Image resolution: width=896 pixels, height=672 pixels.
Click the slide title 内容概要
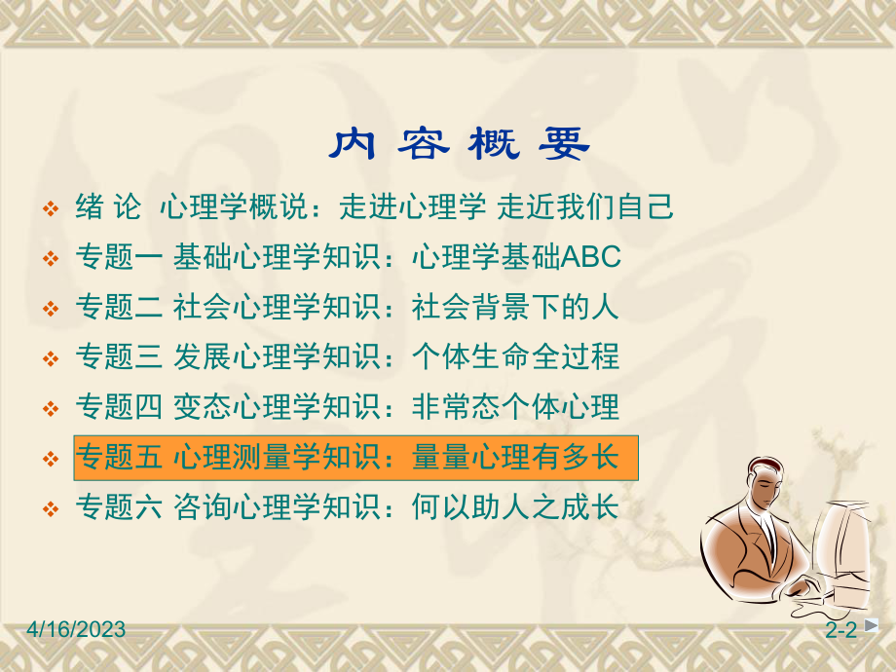[459, 145]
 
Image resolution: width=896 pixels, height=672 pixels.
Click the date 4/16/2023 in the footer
[64, 630]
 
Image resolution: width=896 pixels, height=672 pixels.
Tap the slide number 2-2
[840, 631]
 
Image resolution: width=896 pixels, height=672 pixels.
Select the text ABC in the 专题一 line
[591, 257]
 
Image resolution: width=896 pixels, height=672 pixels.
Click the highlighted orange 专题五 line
[355, 458]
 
